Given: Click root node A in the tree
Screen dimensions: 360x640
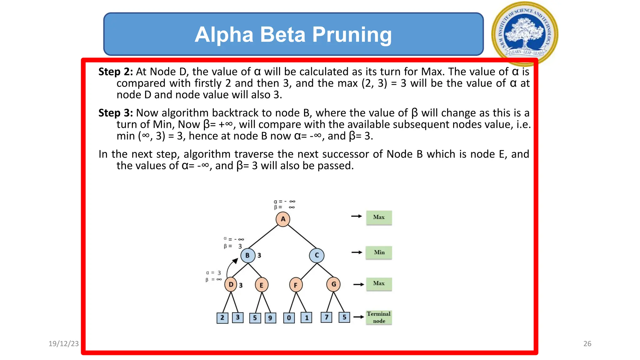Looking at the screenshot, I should [282, 219].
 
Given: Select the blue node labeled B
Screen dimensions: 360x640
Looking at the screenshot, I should [247, 255].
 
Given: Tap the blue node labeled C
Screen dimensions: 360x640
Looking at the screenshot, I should [317, 255].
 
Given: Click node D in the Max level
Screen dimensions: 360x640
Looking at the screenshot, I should [231, 284].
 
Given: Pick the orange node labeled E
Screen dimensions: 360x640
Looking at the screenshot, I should [261, 285].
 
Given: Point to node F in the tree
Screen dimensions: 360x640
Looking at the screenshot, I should [295, 285].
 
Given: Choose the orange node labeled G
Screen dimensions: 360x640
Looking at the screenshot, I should [333, 284].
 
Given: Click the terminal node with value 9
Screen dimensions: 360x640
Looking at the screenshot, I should [270, 318].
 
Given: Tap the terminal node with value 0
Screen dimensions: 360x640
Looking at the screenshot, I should [289, 318].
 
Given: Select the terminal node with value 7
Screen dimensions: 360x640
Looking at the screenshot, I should [326, 317].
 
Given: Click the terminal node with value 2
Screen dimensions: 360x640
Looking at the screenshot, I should [222, 318].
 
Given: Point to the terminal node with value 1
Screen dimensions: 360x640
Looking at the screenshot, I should [307, 318].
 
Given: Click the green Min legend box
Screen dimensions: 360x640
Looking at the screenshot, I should [379, 252].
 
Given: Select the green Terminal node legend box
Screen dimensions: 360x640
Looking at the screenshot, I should [379, 317].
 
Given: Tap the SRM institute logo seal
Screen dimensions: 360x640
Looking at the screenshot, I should [525, 34].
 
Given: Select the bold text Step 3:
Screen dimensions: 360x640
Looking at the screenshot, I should [116, 113].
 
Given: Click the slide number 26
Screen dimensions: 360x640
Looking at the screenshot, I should [587, 344].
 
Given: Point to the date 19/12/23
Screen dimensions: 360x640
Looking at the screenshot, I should [63, 344].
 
